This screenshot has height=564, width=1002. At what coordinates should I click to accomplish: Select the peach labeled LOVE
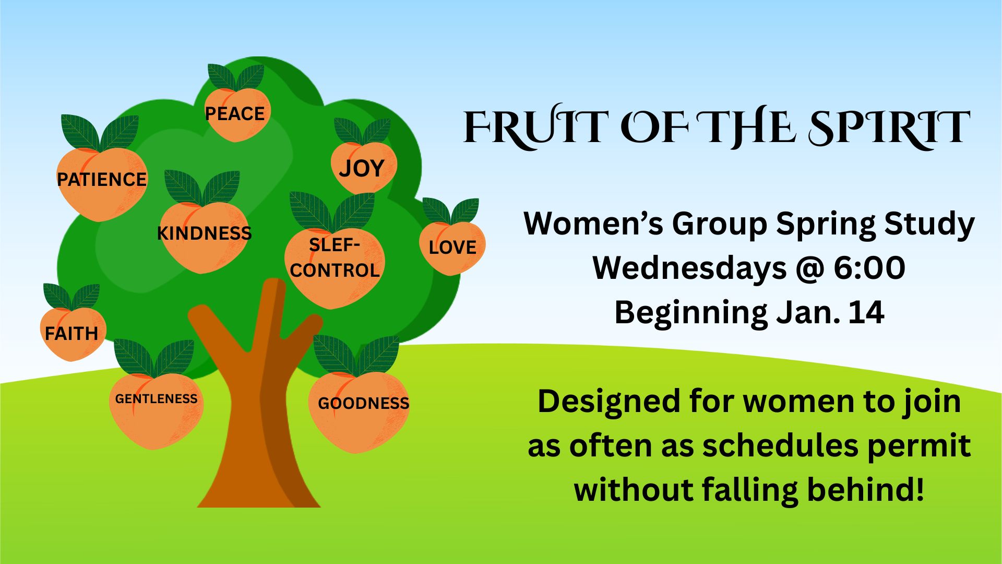tap(452, 248)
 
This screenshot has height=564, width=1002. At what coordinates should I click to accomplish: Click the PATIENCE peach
tap(102, 183)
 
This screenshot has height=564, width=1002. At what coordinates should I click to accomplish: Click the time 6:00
tap(869, 267)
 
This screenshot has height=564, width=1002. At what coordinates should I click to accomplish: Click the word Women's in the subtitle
tap(593, 224)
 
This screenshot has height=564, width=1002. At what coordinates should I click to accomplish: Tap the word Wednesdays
tap(689, 267)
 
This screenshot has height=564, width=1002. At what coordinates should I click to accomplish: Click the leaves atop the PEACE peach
tap(236, 77)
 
